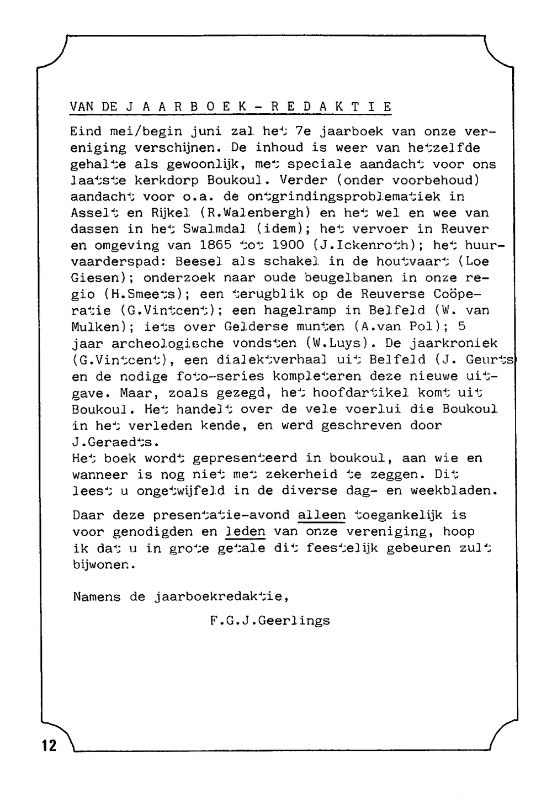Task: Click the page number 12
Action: (49, 746)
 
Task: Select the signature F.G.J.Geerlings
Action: (270, 621)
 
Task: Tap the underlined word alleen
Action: (321, 515)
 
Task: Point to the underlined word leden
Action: (246, 532)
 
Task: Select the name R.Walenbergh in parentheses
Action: (256, 213)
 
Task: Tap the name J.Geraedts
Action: (115, 442)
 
